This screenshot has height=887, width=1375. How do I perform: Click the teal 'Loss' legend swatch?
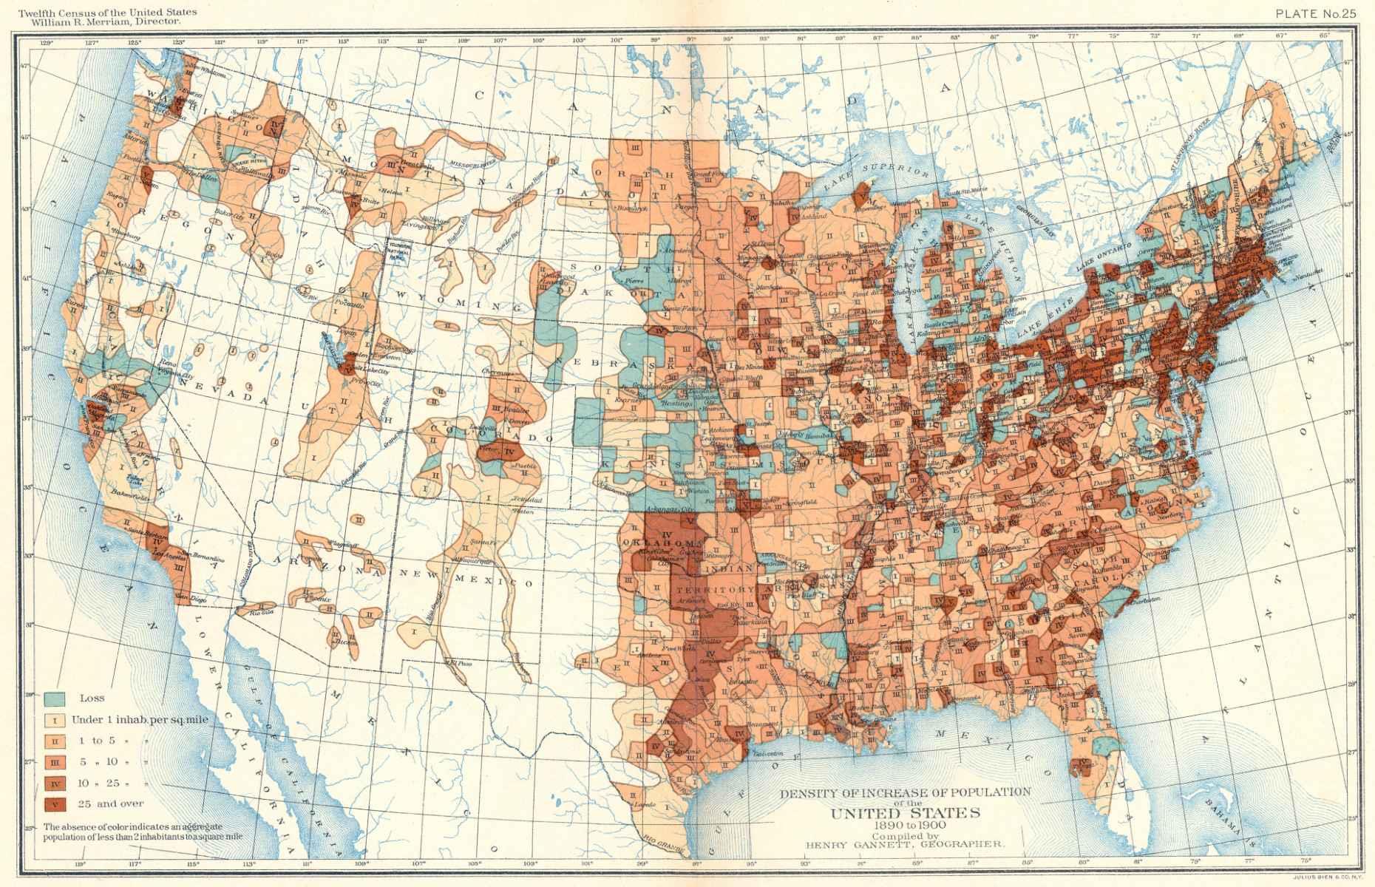coord(55,698)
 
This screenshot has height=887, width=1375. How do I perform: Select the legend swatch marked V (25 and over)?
coord(55,803)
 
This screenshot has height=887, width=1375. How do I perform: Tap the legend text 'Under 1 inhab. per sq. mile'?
coord(140,719)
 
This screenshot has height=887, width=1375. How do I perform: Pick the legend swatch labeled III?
coord(55,761)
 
